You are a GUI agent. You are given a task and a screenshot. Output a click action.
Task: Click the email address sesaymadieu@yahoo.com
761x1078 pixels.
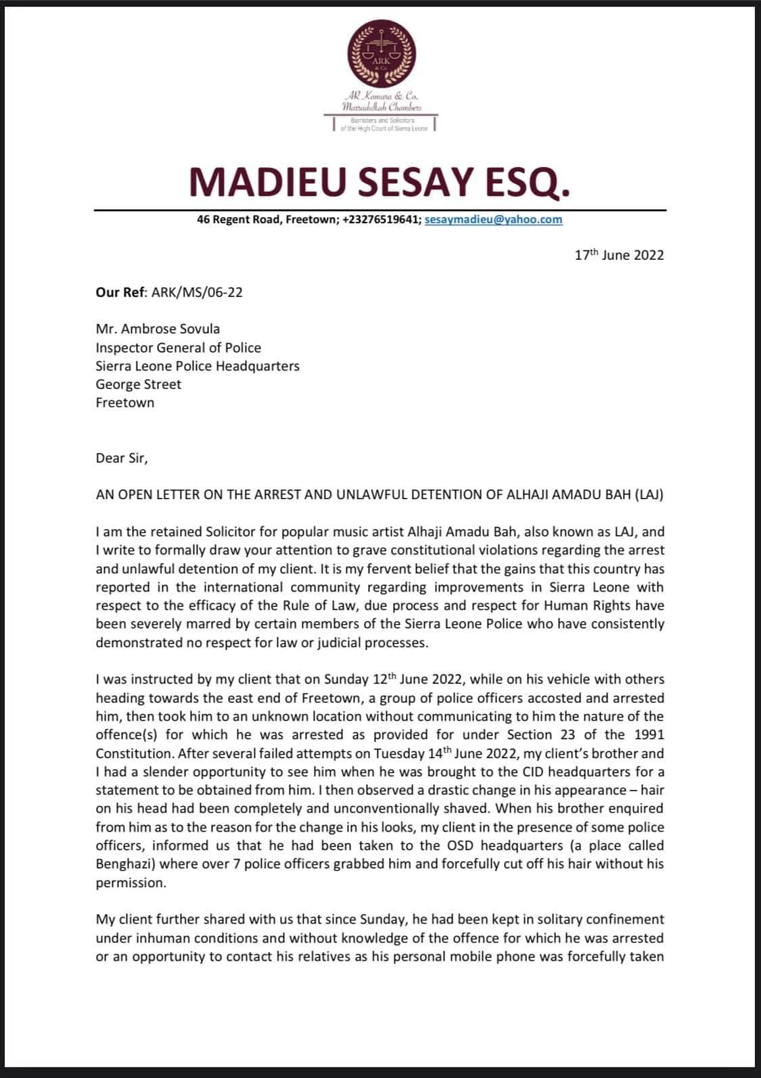tap(493, 219)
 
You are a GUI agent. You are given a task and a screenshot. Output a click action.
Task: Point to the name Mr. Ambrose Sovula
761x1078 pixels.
tap(158, 329)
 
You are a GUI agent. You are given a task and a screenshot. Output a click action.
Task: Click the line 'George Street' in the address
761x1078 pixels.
tap(139, 384)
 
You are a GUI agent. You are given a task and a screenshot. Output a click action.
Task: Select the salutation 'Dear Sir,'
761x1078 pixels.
tap(121, 458)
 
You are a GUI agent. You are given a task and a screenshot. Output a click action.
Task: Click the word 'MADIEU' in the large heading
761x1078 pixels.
tap(264, 182)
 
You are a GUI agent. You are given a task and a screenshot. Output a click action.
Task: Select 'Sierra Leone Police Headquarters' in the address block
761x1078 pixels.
tap(198, 366)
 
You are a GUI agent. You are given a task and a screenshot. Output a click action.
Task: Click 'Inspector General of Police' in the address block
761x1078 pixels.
tap(178, 348)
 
